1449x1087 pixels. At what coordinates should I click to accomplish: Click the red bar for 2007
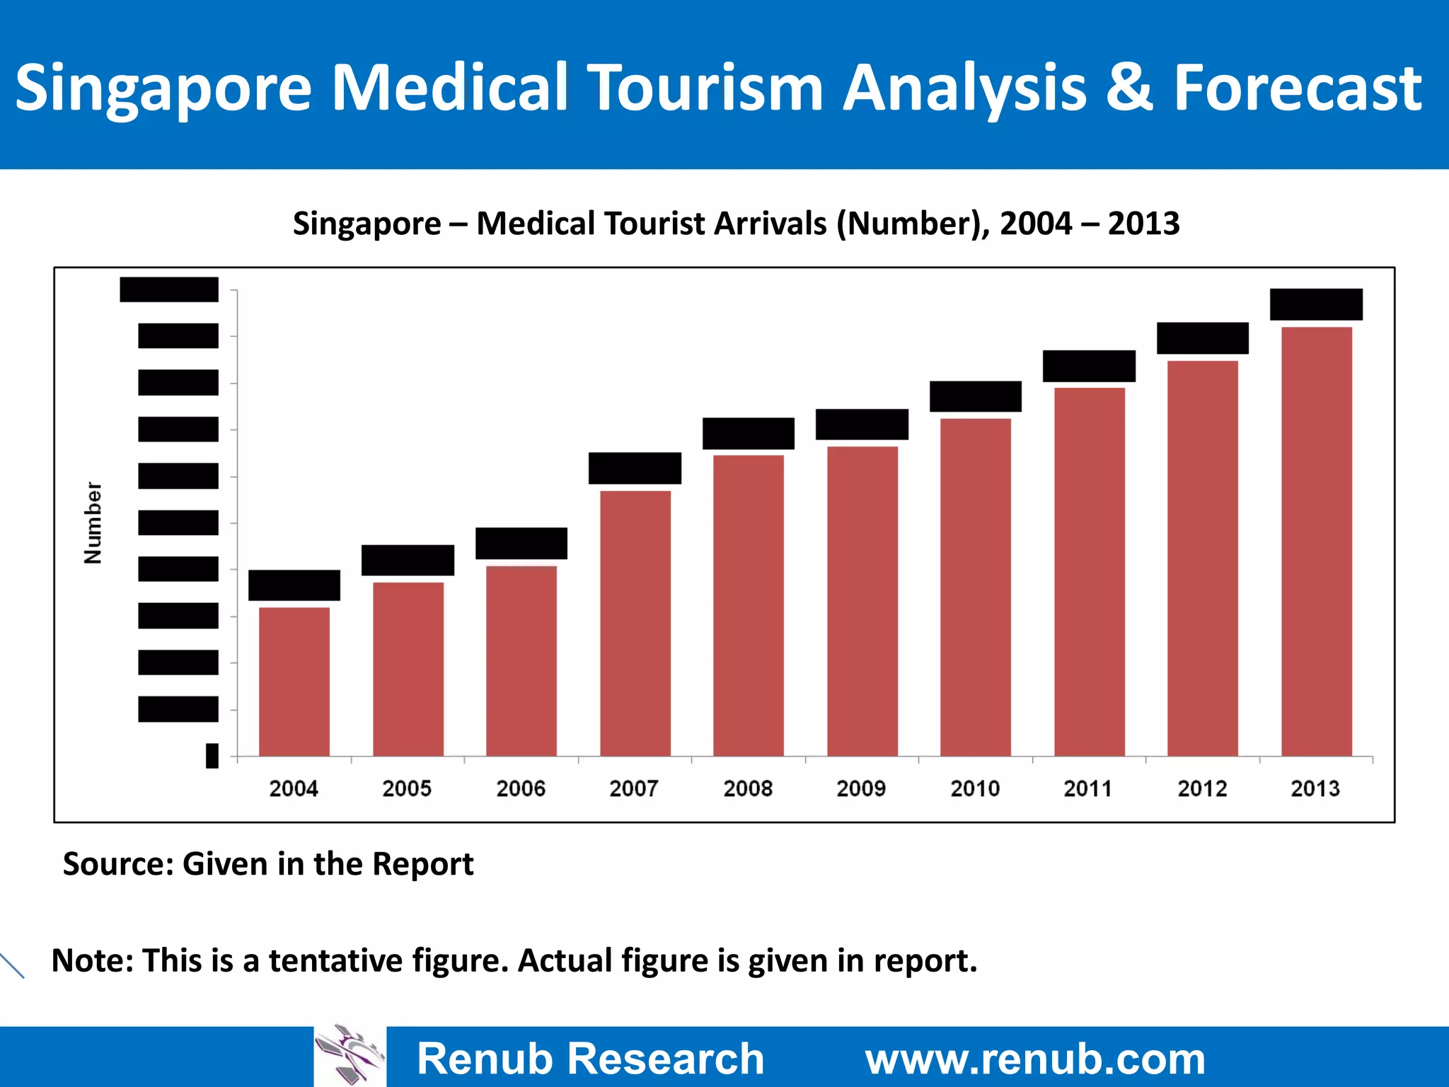635,623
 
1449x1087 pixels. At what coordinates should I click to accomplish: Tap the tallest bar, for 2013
1317,541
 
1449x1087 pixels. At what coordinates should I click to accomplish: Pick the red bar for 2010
976,587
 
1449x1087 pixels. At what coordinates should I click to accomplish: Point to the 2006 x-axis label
521,788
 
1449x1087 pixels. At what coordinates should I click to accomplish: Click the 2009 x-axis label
861,788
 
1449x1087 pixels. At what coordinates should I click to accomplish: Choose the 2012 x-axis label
1202,788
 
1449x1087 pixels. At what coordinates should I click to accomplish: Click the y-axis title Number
93,523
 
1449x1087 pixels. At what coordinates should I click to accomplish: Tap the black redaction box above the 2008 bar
749,433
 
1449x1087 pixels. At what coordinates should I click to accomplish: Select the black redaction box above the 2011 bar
1089,366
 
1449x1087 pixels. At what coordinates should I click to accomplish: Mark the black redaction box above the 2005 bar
408,560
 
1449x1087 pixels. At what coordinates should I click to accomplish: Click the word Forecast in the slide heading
1298,88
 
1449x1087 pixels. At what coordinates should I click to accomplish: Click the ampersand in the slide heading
1129,88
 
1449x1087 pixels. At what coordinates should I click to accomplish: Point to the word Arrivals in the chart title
770,224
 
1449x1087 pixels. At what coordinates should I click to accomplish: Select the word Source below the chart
117,864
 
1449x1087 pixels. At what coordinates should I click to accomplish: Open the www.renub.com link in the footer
1035,1059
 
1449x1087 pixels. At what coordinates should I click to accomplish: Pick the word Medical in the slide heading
450,88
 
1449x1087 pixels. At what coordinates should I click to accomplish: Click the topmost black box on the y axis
169,289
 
